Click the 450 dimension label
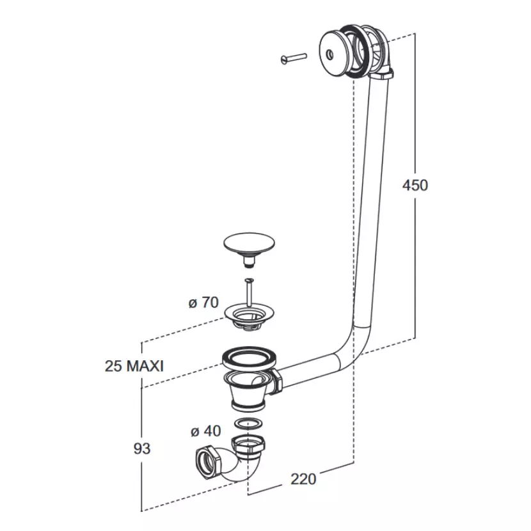tap(415, 186)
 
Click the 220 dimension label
tap(303, 478)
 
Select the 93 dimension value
tap(141, 448)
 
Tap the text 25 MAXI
tap(134, 366)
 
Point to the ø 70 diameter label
tap(203, 303)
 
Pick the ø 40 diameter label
tap(205, 431)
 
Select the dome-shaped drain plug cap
tap(248, 244)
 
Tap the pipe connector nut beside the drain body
tap(276, 381)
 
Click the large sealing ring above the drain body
tap(250, 358)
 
